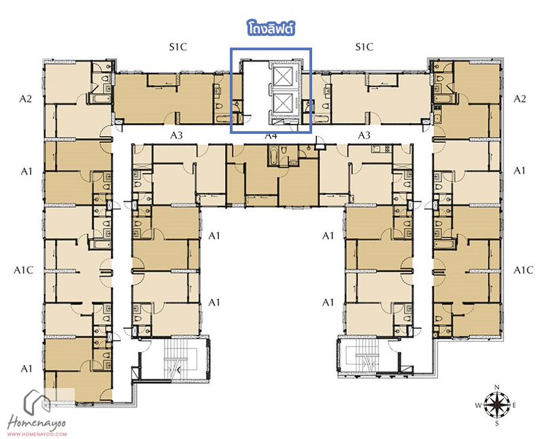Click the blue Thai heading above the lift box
(x=271, y=29)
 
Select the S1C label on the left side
(x=178, y=47)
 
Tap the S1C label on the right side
(x=364, y=47)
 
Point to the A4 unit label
(x=271, y=136)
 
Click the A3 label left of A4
(x=176, y=135)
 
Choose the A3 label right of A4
(x=364, y=135)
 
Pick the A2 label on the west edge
(x=25, y=99)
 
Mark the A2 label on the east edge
(x=520, y=99)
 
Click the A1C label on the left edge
(x=24, y=270)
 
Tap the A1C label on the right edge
(x=523, y=270)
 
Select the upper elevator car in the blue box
(x=283, y=76)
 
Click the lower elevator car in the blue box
(x=283, y=103)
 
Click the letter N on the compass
(x=497, y=387)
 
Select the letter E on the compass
(x=514, y=405)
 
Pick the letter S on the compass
(x=497, y=423)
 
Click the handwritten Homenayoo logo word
(x=37, y=423)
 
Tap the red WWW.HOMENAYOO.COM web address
(x=37, y=434)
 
